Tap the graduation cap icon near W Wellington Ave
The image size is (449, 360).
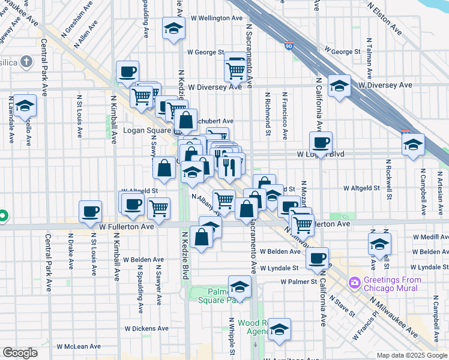tap(173, 28)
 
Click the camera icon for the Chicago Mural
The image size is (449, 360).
tap(355, 282)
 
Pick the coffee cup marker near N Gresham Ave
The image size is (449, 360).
tap(127, 71)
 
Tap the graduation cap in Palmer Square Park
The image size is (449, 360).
tap(240, 287)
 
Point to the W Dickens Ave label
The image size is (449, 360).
tap(146, 329)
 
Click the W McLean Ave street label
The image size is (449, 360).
tap(79, 346)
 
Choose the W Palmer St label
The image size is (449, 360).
tap(298, 281)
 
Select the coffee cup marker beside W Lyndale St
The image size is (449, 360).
tap(317, 258)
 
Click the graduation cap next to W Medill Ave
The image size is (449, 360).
tap(379, 244)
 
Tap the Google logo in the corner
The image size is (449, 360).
tap(20, 353)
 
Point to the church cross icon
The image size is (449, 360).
tap(26, 61)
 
